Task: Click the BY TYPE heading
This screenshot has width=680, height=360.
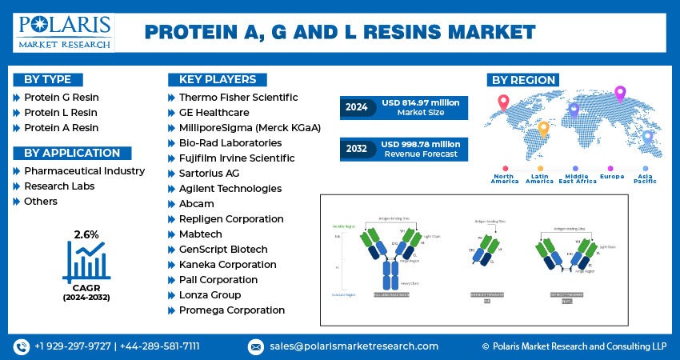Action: click(x=47, y=79)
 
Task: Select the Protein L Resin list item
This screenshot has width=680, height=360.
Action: click(x=61, y=112)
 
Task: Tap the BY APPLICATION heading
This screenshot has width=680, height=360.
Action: click(x=72, y=153)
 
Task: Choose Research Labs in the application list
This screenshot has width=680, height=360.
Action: click(x=59, y=186)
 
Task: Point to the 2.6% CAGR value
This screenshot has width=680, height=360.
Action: click(x=86, y=234)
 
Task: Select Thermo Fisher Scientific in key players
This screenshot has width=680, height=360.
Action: click(x=232, y=97)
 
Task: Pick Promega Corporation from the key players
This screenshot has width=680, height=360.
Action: click(x=226, y=310)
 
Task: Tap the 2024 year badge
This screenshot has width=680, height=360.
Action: click(x=356, y=107)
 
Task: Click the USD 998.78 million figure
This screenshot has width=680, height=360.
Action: click(x=420, y=144)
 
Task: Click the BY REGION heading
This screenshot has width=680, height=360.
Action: click(x=522, y=79)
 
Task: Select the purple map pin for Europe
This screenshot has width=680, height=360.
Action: click(x=619, y=94)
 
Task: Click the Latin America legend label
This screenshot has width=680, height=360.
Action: click(x=540, y=179)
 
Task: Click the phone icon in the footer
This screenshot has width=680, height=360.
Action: click(x=21, y=346)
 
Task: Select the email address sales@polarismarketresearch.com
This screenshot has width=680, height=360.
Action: click(x=353, y=346)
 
